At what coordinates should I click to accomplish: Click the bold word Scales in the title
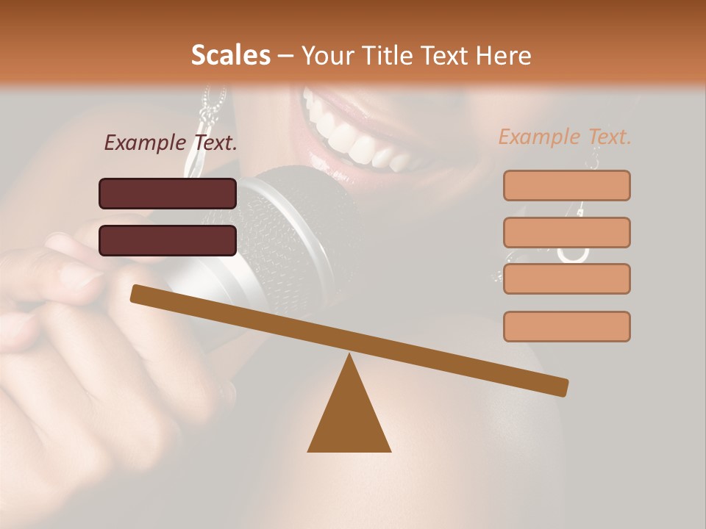tap(230, 55)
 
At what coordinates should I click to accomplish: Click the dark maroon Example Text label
tap(171, 143)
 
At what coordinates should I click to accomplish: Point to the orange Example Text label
tap(565, 137)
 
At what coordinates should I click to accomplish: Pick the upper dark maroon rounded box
tap(168, 193)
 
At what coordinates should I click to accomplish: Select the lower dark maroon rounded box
tap(168, 240)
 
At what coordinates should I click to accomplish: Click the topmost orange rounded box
tap(566, 185)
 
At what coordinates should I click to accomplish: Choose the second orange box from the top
tap(566, 232)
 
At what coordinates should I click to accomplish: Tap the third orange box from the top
tap(566, 278)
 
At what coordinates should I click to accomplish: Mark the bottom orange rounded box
tap(566, 326)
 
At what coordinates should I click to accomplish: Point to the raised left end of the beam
tap(140, 294)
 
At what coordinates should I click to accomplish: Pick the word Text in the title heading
tap(445, 55)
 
